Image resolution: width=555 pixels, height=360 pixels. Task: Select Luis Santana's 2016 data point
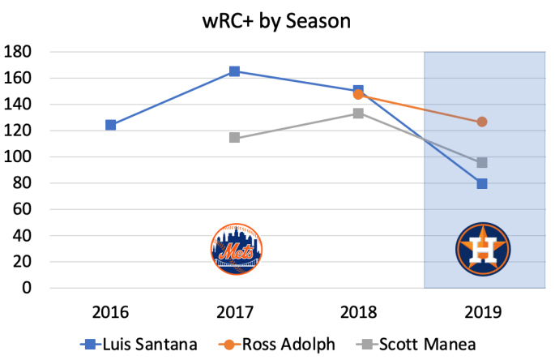pos(110,125)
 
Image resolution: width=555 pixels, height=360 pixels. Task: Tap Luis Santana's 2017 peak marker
pos(234,71)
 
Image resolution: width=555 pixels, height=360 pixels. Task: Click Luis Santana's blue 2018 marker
pos(358,91)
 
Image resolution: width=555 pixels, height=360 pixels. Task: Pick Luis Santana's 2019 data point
pos(482,183)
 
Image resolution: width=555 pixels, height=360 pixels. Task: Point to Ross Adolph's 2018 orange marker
pos(358,94)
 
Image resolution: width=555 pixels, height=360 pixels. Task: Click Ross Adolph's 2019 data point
pos(482,122)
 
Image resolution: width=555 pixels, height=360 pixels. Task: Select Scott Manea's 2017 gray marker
pos(234,138)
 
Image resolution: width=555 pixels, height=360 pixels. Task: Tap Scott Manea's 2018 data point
pos(358,114)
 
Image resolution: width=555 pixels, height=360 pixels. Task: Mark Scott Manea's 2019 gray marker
pos(482,163)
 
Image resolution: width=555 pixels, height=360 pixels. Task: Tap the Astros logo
pos(482,247)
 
